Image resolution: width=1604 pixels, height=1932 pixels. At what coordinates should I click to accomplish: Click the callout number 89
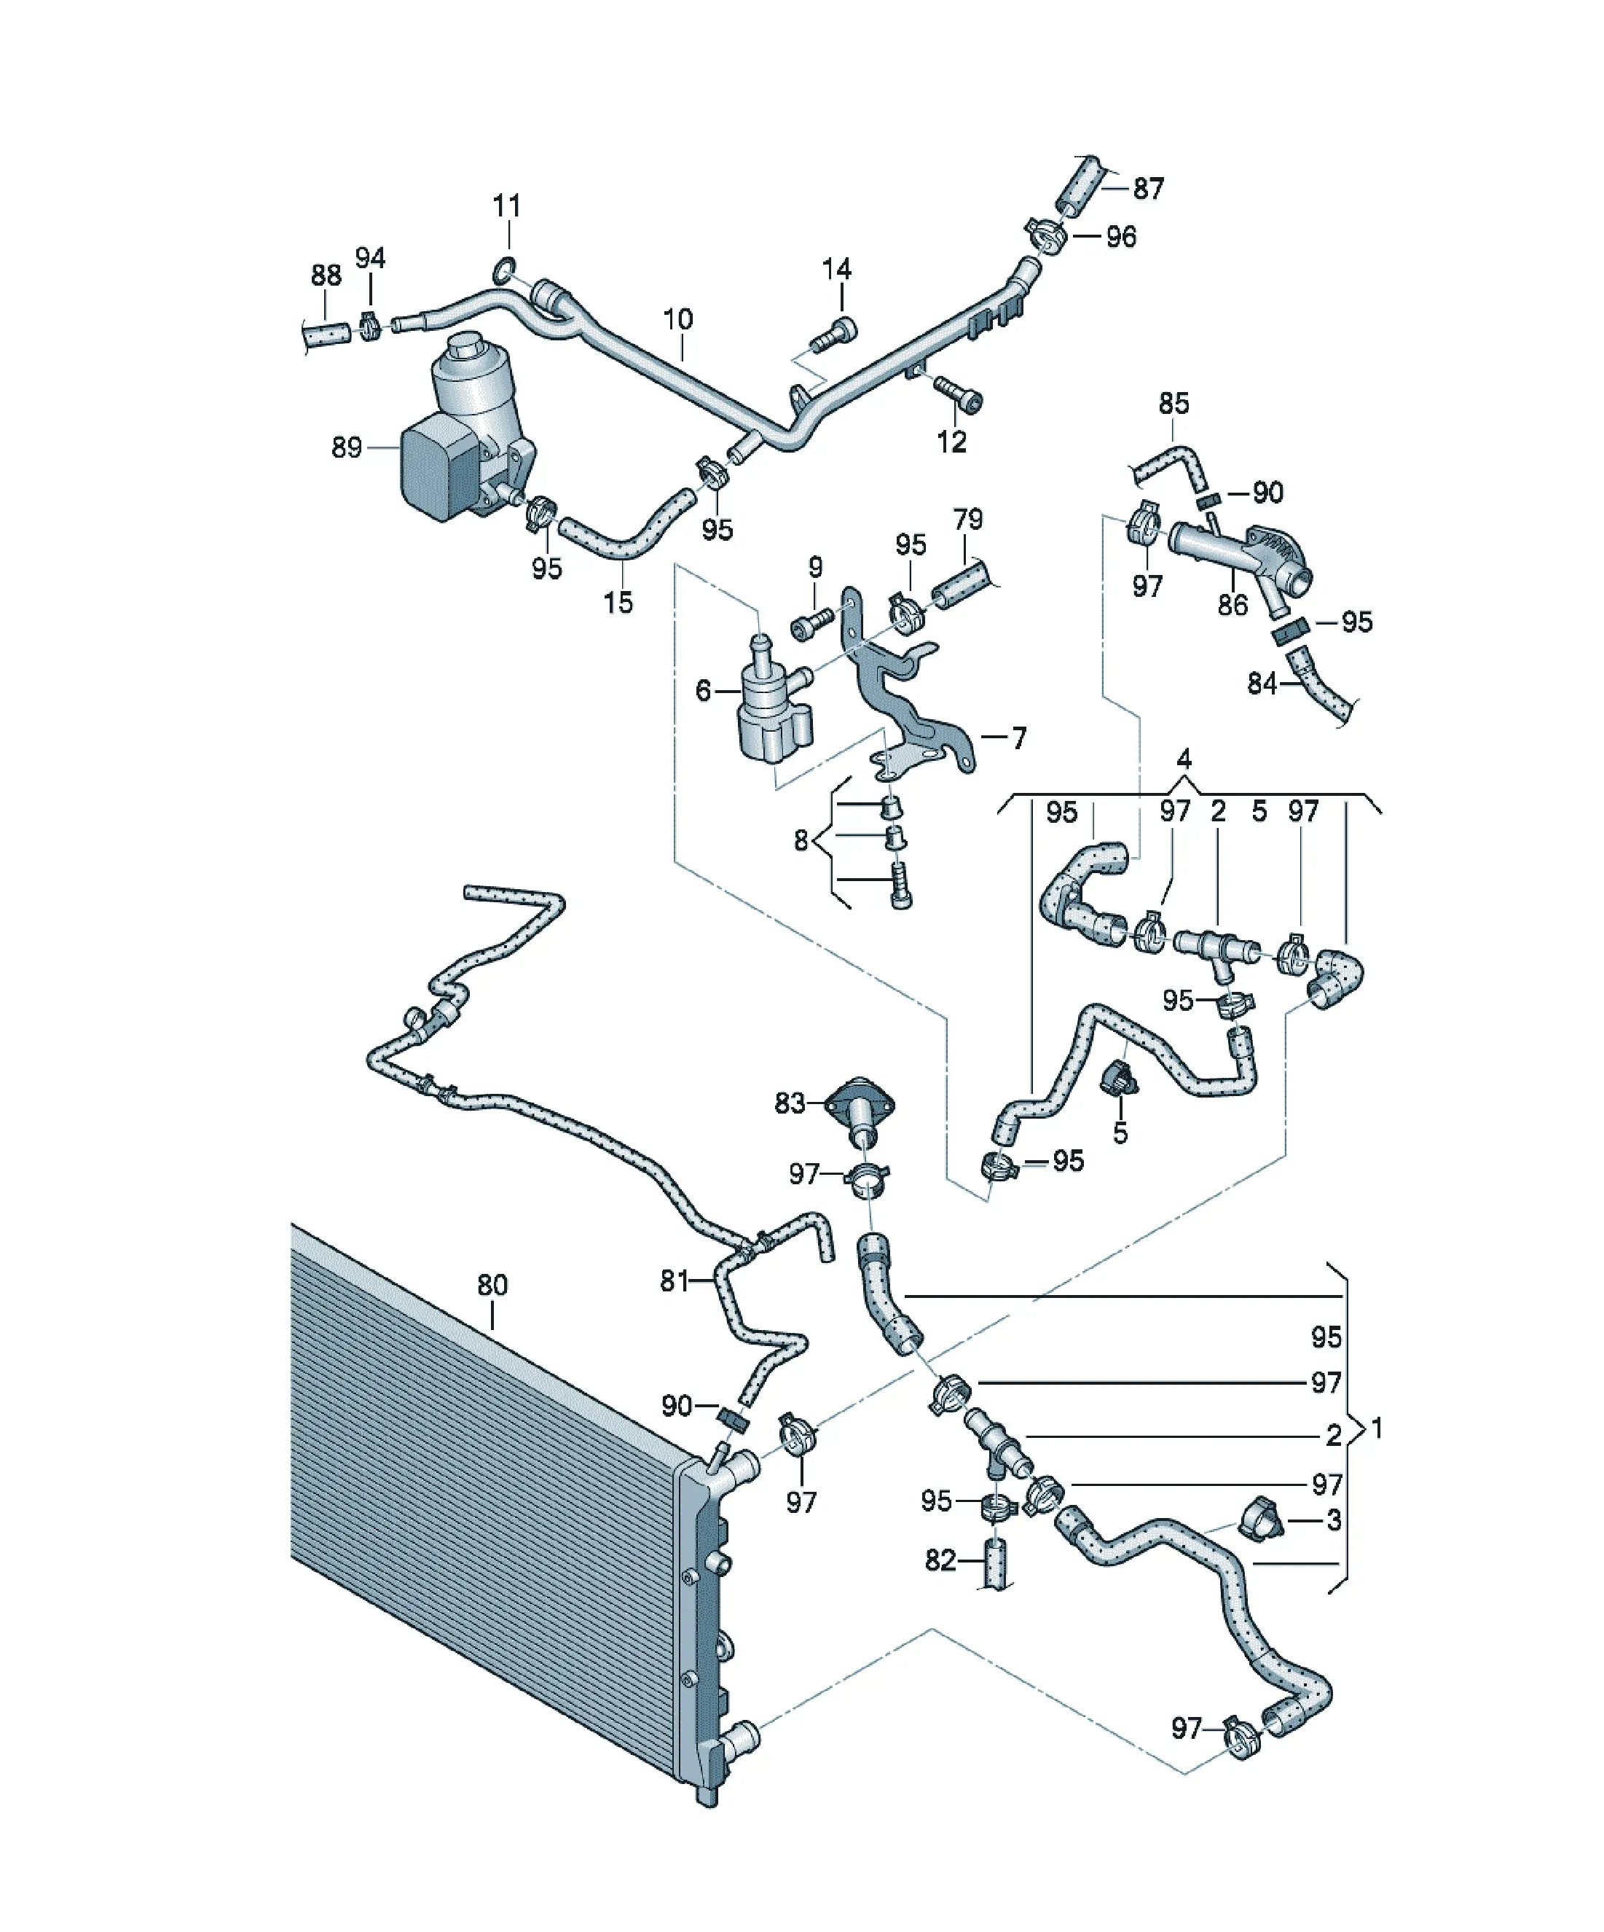pyautogui.click(x=347, y=448)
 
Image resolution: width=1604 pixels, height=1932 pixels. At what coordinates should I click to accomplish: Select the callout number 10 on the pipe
pyautogui.click(x=678, y=320)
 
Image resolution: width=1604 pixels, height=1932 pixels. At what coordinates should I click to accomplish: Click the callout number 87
pyautogui.click(x=1148, y=189)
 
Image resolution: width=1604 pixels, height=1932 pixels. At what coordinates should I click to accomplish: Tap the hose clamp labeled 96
pyautogui.click(x=1047, y=235)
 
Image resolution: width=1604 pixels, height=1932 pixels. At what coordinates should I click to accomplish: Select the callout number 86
pyautogui.click(x=1233, y=604)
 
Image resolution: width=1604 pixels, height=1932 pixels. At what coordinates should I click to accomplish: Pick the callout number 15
pyautogui.click(x=618, y=603)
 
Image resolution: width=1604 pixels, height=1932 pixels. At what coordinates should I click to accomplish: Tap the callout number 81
pyautogui.click(x=674, y=1280)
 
